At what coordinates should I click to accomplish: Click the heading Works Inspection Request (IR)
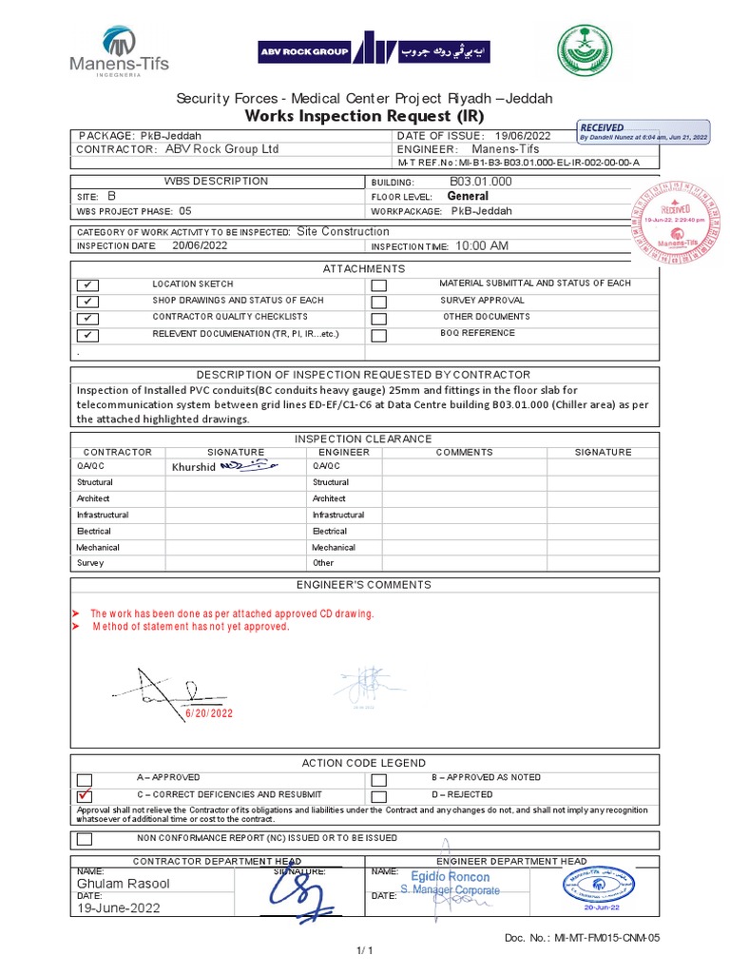click(x=365, y=116)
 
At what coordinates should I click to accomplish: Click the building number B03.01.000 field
click(x=480, y=181)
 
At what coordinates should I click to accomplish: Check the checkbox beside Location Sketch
click(x=86, y=285)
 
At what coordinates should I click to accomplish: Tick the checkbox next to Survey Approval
click(x=379, y=302)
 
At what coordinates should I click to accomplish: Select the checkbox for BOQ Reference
click(x=379, y=335)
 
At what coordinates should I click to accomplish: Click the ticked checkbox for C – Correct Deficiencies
click(x=86, y=795)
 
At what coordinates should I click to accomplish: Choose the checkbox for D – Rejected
click(x=379, y=795)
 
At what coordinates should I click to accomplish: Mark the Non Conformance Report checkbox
click(x=86, y=839)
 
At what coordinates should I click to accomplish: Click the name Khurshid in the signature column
click(x=194, y=467)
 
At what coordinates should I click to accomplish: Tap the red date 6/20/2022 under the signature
click(x=210, y=712)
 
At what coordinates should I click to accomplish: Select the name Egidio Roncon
click(x=451, y=876)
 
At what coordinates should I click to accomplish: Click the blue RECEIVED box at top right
click(x=644, y=132)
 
